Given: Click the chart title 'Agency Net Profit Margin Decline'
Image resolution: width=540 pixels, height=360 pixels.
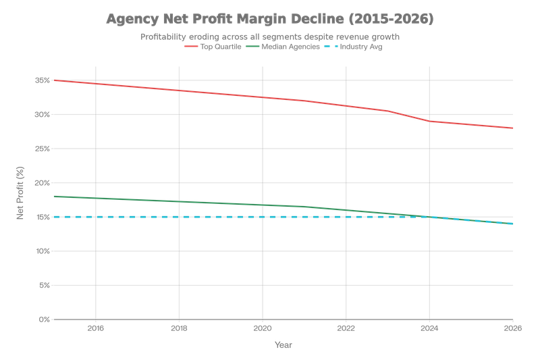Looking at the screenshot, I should click(270, 20).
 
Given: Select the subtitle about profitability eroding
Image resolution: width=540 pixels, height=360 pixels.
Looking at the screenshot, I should click(270, 37).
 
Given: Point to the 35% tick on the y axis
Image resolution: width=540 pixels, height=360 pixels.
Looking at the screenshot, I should click(43, 80).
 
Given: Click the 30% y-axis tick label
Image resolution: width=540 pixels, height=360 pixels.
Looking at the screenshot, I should click(43, 114).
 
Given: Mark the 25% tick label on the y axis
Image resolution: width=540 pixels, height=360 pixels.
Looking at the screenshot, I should click(43, 149).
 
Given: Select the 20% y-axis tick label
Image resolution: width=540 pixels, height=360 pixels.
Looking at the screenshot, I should click(43, 182).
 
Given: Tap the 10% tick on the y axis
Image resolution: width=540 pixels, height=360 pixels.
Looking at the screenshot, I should click(43, 251).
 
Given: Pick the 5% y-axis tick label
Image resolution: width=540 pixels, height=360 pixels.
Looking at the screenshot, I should click(44, 285).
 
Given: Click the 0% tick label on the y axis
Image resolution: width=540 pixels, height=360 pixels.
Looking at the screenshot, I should click(44, 319).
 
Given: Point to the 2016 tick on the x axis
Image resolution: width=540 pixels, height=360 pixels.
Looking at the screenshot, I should click(95, 329).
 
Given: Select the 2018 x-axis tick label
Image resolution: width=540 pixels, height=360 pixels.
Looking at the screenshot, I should click(179, 329).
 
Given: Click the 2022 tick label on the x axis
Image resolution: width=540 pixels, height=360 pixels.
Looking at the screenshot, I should click(346, 329).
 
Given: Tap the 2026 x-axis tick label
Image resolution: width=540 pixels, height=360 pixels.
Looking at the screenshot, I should click(512, 329).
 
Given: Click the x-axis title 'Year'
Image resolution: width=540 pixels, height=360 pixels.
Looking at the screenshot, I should click(283, 345).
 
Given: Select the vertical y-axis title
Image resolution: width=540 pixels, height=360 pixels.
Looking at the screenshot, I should click(20, 199).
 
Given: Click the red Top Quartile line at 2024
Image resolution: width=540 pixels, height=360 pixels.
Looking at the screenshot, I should click(429, 122).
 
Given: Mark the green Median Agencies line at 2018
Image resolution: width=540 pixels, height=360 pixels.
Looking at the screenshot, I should click(179, 201).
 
